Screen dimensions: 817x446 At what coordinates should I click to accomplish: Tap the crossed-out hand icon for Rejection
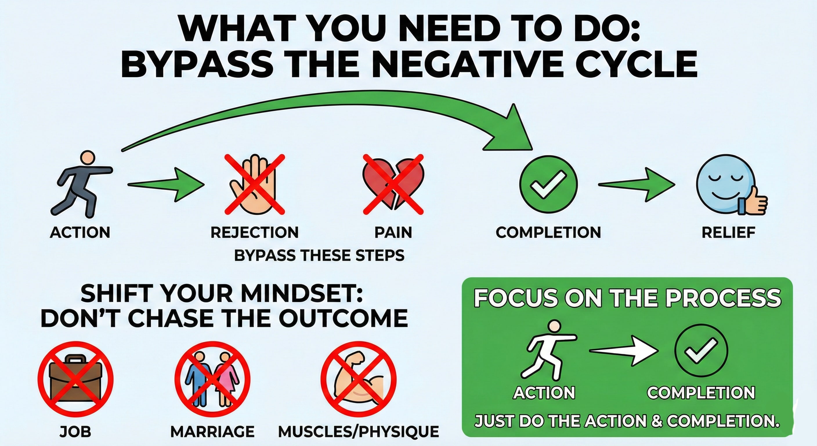point(255,184)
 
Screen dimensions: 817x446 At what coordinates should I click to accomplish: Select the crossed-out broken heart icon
point(393,184)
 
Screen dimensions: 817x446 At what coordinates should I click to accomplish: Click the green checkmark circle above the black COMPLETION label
point(548,184)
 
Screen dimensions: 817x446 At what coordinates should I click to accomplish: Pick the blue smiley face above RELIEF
point(725,184)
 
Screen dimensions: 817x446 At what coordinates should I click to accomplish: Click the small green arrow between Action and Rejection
point(166,184)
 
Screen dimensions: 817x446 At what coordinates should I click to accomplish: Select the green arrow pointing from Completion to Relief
point(637,184)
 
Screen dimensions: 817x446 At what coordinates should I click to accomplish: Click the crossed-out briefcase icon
point(75,379)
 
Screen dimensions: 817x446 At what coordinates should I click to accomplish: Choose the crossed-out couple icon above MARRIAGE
point(212,379)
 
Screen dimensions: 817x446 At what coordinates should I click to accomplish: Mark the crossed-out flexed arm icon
point(358,379)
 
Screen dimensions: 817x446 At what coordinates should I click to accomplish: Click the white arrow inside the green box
point(623,351)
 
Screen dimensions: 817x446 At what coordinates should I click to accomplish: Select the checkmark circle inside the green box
point(701,350)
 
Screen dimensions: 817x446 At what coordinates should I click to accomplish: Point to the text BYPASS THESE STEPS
point(319,255)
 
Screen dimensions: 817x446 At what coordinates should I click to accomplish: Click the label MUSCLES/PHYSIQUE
point(359,431)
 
